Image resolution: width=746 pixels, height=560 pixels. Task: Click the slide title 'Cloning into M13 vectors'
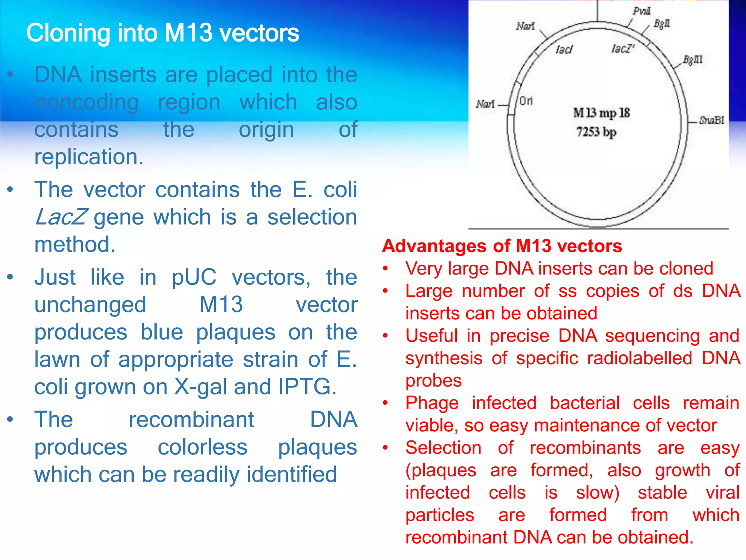coord(162,33)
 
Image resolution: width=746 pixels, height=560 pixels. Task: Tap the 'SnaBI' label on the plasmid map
coord(711,120)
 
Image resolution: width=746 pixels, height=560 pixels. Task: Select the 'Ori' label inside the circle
coord(526,101)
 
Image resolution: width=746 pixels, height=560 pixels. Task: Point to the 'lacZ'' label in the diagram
coord(623,48)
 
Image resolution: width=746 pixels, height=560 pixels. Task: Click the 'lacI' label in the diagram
coord(564,49)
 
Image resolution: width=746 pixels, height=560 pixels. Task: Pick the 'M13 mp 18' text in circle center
coord(601,113)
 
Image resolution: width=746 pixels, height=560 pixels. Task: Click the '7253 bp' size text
coord(596,132)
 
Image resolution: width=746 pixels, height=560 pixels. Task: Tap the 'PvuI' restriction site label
coord(641,11)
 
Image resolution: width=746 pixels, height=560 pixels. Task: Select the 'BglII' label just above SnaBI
coord(692,60)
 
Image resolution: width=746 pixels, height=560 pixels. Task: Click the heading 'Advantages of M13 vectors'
coord(502,246)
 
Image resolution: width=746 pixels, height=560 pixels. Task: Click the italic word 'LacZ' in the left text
coord(61,217)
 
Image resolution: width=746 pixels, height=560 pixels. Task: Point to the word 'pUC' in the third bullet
coord(194,277)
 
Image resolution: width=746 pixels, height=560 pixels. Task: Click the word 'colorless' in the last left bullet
coord(202,447)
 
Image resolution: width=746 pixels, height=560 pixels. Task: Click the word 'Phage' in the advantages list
coord(432,403)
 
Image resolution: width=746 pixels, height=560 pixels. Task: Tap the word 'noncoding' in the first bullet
coord(86,102)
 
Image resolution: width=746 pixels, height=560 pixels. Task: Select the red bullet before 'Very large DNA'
coord(385,269)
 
